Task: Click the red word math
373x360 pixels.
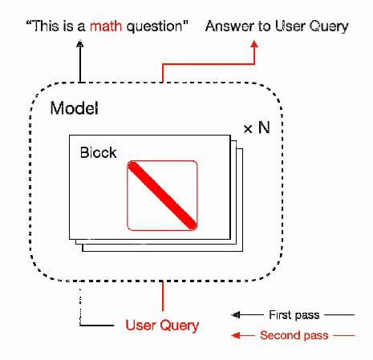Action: tap(106, 26)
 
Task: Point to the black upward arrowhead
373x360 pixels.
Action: tap(79, 44)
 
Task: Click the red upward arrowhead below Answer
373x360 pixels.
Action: tap(254, 44)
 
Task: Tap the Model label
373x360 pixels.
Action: tap(74, 108)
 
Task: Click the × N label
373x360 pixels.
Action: tap(257, 127)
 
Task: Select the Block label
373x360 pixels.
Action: tap(98, 152)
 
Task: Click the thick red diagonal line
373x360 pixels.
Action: tap(162, 196)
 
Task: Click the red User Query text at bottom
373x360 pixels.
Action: tap(162, 326)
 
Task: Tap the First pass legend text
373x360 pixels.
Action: tap(294, 315)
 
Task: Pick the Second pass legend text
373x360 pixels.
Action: tap(294, 335)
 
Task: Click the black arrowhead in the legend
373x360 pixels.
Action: tap(236, 315)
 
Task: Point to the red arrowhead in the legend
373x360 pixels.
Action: tap(236, 335)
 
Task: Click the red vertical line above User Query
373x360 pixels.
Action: tap(163, 296)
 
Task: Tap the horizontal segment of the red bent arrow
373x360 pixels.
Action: tap(209, 64)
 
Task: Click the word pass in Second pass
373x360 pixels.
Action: tap(316, 336)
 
